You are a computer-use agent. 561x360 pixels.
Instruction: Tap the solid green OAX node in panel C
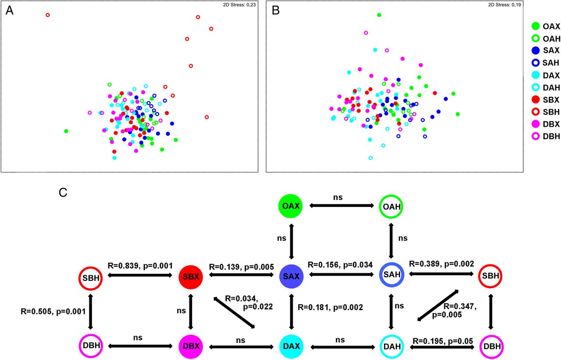tap(291, 206)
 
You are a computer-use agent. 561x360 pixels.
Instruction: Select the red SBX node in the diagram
tap(191, 277)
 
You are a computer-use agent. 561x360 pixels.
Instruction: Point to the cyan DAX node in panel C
tap(291, 346)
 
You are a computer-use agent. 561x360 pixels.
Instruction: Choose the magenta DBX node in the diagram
tap(191, 346)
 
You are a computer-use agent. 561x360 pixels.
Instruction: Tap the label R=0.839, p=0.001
tap(140, 266)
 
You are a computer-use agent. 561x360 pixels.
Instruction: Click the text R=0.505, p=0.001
tap(53, 311)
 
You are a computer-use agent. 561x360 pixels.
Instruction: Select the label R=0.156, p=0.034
tap(340, 264)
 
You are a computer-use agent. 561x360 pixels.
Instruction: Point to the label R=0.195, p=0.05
tap(443, 341)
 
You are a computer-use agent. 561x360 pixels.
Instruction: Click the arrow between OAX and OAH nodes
tap(341, 206)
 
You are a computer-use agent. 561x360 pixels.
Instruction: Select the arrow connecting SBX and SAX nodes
tap(241, 275)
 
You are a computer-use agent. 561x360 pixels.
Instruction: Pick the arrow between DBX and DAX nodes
tap(241, 347)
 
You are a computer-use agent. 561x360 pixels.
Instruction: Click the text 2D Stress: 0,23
tap(239, 5)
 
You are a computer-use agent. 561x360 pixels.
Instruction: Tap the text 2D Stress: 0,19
tap(504, 5)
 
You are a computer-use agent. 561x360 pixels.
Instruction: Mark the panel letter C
tap(63, 192)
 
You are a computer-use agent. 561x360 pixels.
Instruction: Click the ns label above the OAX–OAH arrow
tap(338, 197)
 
